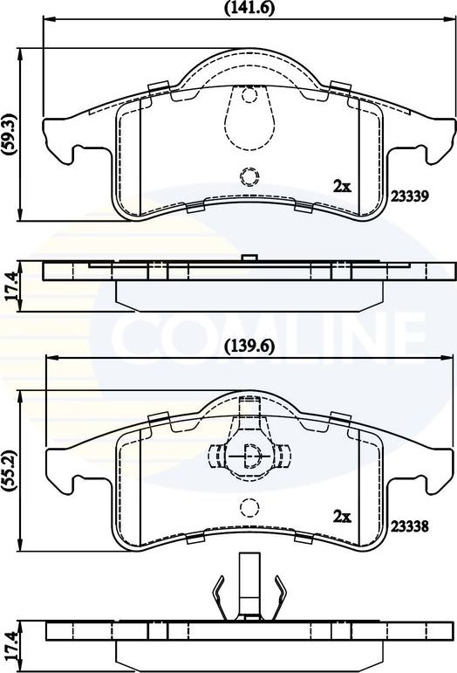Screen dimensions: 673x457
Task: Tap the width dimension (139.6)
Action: [249, 345]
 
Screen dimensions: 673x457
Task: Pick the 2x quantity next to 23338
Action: [342, 517]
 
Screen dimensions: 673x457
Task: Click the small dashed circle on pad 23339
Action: [249, 177]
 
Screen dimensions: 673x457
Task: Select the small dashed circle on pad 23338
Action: [249, 507]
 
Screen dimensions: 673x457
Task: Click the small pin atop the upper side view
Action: [249, 257]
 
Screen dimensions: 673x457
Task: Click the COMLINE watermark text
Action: [270, 332]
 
